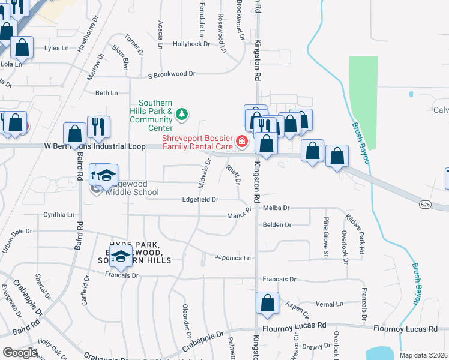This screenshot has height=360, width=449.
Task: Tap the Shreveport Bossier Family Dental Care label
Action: (x=198, y=142)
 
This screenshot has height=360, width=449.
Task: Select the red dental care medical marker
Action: (x=241, y=142)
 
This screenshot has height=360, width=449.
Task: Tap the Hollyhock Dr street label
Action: (x=191, y=44)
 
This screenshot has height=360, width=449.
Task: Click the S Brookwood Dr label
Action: (x=172, y=74)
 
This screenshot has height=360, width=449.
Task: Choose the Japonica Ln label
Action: (x=233, y=257)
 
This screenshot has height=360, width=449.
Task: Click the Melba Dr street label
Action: (x=277, y=208)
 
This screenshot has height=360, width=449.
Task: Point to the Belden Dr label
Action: (x=277, y=225)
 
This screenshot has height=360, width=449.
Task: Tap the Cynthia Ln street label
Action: (x=59, y=214)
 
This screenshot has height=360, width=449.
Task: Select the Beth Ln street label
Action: (x=107, y=93)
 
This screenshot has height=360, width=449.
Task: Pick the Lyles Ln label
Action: (x=56, y=47)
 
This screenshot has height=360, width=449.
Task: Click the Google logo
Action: (x=20, y=352)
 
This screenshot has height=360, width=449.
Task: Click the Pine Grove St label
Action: (x=326, y=236)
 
